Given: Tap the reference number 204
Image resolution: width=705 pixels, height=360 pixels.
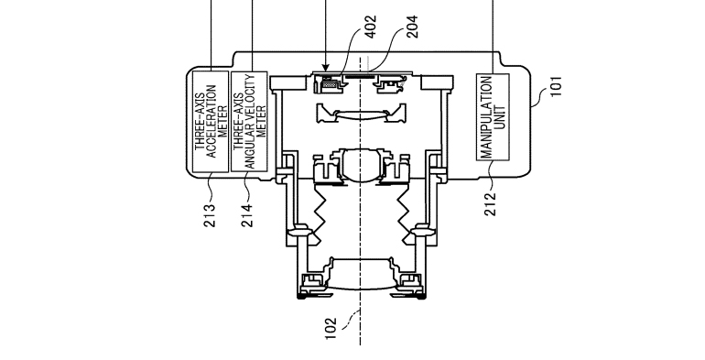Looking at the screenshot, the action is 412,27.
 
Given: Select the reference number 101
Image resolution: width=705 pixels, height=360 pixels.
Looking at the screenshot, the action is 557,86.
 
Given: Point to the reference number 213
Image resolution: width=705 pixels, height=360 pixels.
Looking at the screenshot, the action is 210,215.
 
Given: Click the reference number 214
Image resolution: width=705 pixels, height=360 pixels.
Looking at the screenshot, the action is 247,215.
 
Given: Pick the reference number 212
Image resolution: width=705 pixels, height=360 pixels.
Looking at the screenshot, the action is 491,204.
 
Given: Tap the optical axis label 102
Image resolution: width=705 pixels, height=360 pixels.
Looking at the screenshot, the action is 331,329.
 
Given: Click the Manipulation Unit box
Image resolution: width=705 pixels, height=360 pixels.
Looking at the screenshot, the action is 493,117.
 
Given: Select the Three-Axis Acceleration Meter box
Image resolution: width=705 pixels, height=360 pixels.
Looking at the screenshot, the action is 211,122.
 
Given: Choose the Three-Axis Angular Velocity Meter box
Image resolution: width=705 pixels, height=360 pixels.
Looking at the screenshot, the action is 250,122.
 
